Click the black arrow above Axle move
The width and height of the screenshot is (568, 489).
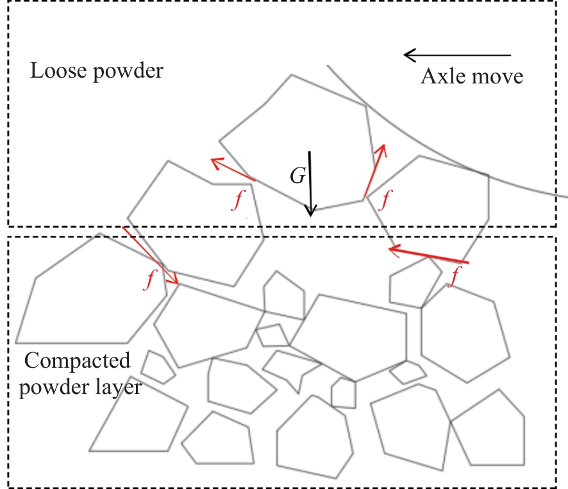tap(457, 55)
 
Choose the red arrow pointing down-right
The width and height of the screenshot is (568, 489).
tap(150, 255)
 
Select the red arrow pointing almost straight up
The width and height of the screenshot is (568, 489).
tap(374, 171)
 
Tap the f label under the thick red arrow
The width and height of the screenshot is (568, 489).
tap(455, 277)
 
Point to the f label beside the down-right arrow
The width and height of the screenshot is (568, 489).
tap(151, 280)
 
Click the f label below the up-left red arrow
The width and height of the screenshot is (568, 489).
tap(238, 201)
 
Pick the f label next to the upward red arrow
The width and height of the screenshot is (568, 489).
tap(384, 200)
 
